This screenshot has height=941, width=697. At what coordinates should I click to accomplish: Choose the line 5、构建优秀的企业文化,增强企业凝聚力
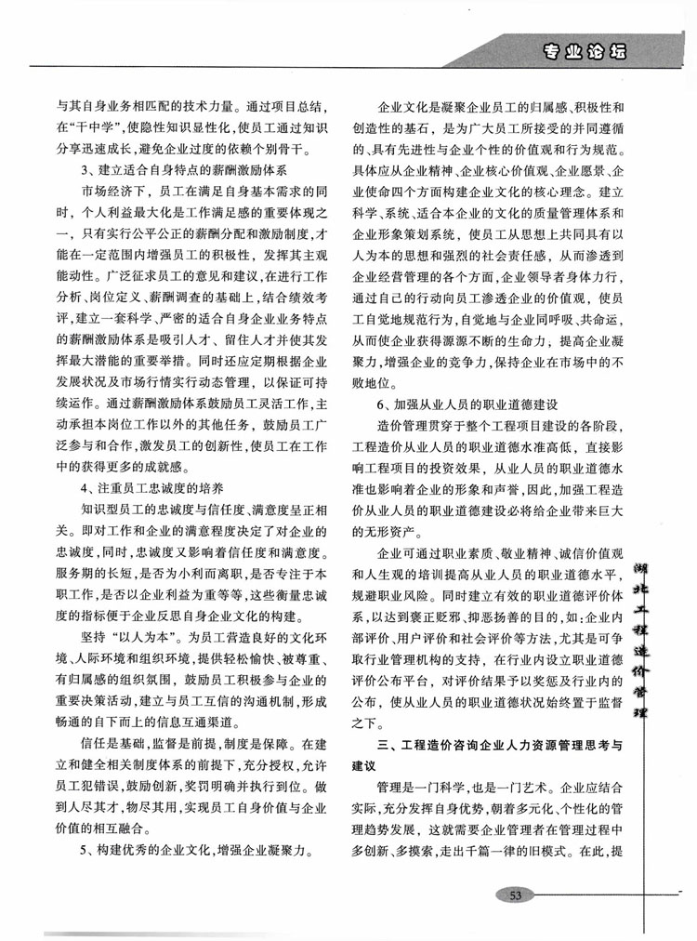point(194,850)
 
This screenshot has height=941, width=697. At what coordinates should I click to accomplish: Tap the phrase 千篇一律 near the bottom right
point(513,850)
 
